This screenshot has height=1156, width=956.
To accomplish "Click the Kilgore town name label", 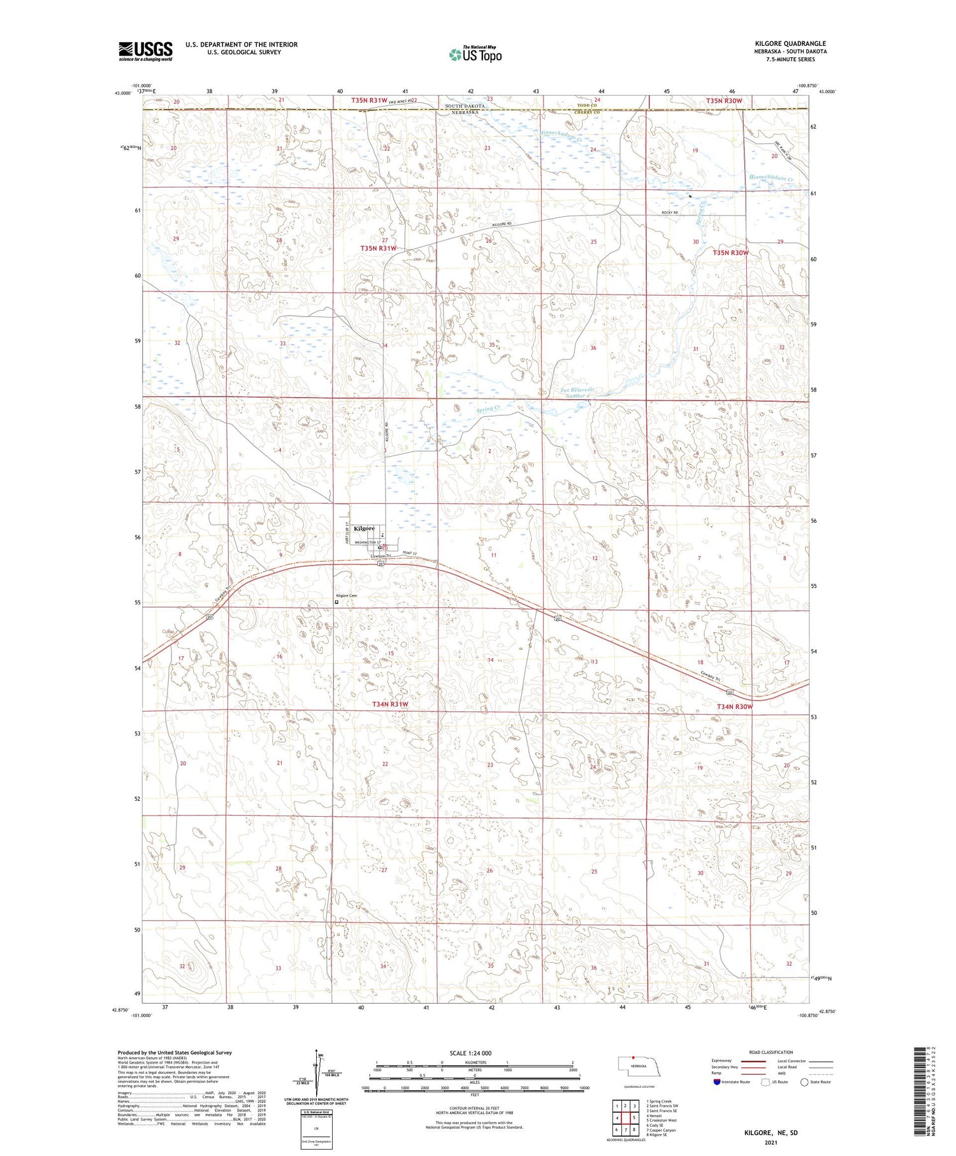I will [364, 529].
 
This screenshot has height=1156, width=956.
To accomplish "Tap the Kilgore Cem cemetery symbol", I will [337, 601].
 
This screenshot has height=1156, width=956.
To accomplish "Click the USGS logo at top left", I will [145, 51].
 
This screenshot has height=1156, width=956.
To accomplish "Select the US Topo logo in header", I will [475, 55].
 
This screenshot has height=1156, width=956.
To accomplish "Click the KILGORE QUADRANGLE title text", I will [790, 43].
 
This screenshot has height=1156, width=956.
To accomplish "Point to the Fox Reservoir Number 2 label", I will [577, 392].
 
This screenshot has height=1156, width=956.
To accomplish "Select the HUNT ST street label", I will [409, 553].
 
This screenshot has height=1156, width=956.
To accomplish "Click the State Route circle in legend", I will [804, 1082].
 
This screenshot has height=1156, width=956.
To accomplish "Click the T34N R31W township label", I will [389, 704].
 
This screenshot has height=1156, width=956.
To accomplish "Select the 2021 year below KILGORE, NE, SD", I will [771, 1143].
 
